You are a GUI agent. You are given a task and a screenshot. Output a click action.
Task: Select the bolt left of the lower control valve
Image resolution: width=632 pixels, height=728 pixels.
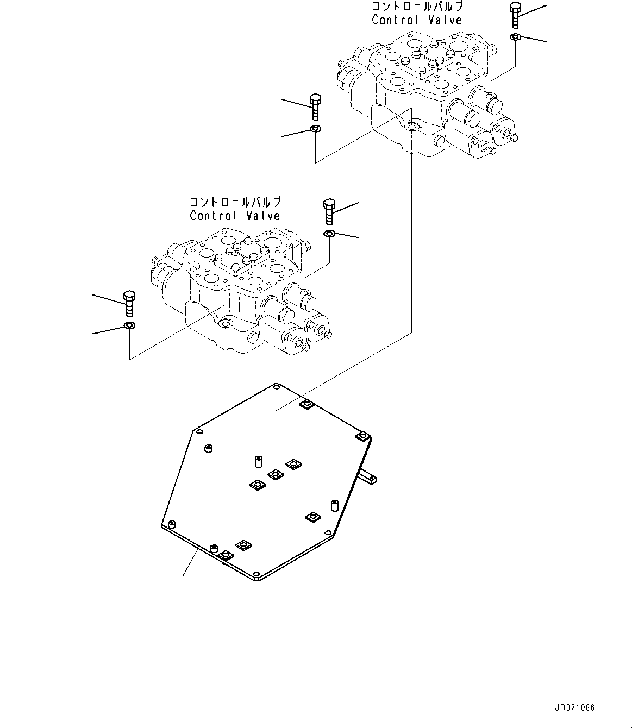tap(129, 303)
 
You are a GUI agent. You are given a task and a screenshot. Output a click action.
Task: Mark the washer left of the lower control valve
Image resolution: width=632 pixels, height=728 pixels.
tap(129, 325)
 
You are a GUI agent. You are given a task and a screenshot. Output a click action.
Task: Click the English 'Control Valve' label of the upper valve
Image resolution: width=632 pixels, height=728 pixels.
tap(417, 20)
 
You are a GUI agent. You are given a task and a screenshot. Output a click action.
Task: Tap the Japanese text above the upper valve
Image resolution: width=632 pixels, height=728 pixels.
tap(417, 7)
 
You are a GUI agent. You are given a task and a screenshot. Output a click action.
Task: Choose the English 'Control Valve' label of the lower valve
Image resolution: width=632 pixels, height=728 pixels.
tap(235, 216)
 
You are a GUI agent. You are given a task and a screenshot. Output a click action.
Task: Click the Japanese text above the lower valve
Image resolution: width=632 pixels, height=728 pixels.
tap(235, 202)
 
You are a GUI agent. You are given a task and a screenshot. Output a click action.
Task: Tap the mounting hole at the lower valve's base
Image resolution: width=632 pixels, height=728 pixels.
tap(225, 324)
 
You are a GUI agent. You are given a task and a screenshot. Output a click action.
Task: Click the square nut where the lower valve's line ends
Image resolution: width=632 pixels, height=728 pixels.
tap(225, 555)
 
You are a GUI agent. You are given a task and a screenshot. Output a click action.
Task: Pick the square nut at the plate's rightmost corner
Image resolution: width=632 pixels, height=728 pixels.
tap(362, 436)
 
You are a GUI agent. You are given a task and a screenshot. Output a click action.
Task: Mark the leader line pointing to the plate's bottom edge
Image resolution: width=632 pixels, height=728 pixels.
tap(190, 563)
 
